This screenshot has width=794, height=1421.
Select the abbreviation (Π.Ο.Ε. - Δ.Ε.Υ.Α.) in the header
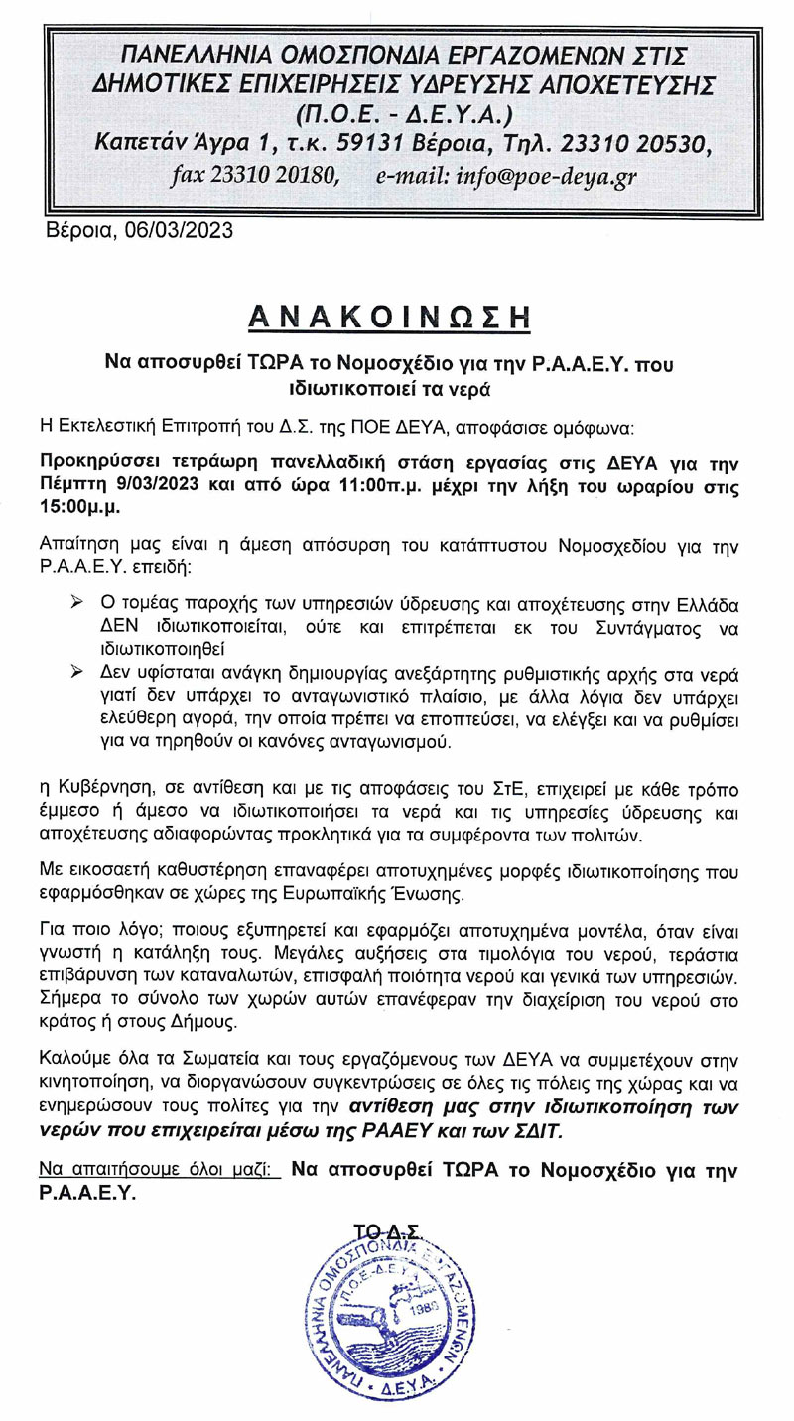pyautogui.click(x=388, y=112)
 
